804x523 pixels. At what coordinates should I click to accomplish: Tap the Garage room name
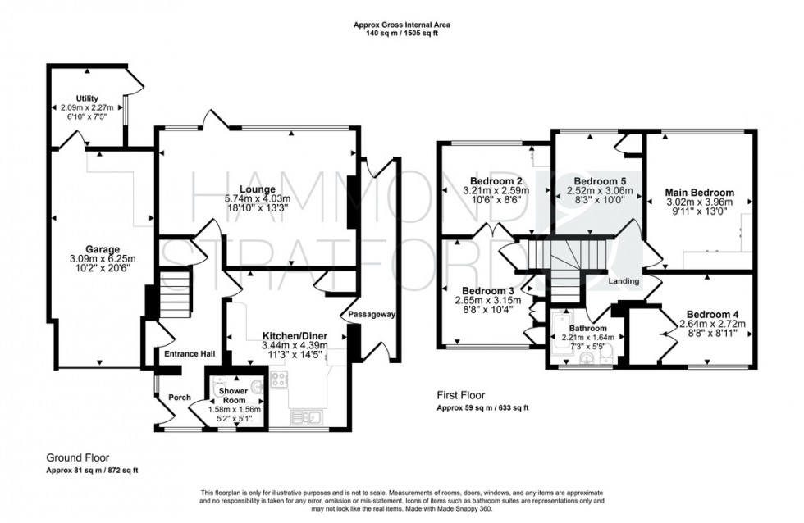[103, 249]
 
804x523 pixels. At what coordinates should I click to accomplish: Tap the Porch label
[180, 398]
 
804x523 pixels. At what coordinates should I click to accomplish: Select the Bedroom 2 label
[496, 181]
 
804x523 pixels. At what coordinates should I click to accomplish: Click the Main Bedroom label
[699, 193]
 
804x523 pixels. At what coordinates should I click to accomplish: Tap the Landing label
[624, 282]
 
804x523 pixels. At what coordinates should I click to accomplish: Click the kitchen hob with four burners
[280, 380]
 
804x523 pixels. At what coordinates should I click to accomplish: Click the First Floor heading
[464, 395]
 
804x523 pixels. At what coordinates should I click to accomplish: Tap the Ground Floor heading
[77, 457]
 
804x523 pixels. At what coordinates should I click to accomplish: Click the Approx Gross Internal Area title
[401, 25]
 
